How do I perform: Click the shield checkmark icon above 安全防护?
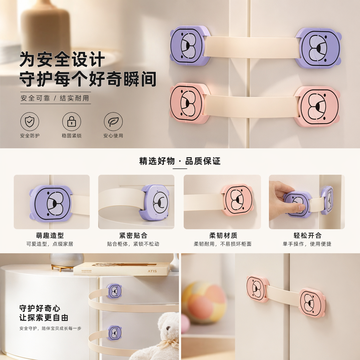point(30,121)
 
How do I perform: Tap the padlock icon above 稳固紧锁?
point(72,121)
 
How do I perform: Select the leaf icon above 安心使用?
point(113,121)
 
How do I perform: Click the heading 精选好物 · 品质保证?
point(180,161)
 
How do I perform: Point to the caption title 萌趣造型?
point(50,235)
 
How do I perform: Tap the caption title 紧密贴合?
point(133,235)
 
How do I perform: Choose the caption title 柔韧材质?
point(223,235)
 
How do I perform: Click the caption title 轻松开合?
point(308,235)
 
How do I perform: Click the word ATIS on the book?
point(152,271)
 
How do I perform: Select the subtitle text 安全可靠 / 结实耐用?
point(55,98)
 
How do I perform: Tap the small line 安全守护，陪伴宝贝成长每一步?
point(51,328)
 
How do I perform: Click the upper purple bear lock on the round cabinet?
point(114,291)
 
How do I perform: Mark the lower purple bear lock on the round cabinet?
point(114,333)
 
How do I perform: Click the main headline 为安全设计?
point(62,59)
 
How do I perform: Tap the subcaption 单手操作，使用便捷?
point(307,244)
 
